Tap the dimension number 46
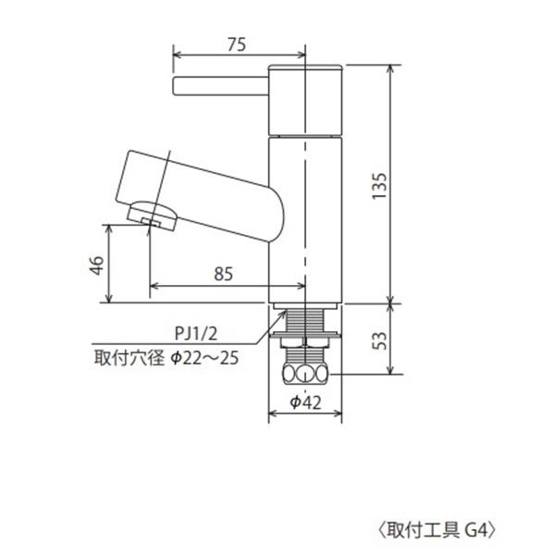click(95, 265)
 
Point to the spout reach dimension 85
click(223, 274)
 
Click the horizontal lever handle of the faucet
click(220, 87)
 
